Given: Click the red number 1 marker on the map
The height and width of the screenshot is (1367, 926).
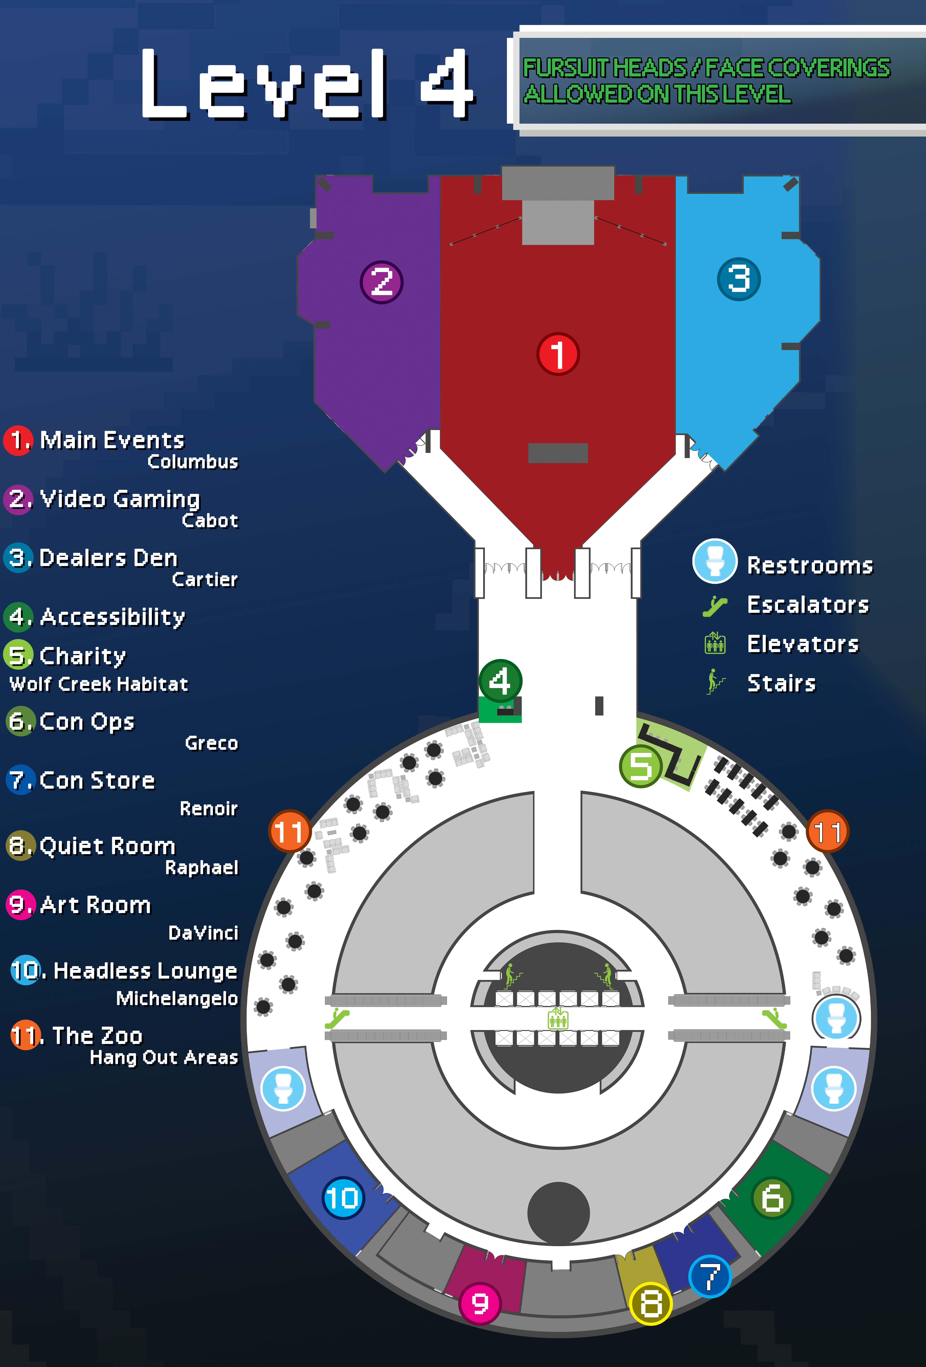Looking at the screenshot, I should click(558, 354).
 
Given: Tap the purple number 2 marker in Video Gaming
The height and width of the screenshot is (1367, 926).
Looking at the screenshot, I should click(381, 282).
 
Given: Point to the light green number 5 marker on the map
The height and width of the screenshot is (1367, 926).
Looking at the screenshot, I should click(641, 766).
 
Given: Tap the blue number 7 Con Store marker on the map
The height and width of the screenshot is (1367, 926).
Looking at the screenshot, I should click(709, 1276).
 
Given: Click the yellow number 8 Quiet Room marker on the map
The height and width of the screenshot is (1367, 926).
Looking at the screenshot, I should click(651, 1304).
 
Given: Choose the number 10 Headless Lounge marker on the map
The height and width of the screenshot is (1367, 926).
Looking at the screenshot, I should click(343, 1198).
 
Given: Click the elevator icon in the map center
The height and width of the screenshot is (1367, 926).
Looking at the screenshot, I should click(558, 1018).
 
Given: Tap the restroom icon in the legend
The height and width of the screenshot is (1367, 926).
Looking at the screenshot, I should click(714, 561).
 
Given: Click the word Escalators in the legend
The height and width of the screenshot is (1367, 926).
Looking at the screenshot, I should click(808, 605).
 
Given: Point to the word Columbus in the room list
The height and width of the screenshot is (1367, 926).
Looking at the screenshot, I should click(192, 462).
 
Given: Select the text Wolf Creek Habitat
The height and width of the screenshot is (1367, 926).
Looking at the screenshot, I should click(99, 684).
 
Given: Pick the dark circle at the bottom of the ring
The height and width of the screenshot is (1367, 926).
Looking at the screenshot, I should click(558, 1213).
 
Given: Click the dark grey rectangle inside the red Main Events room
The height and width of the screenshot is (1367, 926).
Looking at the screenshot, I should click(558, 453).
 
